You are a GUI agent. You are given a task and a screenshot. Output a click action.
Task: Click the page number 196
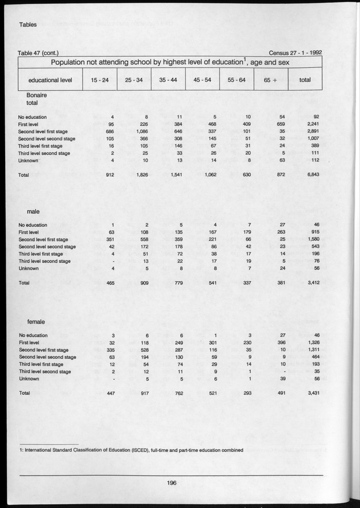171,482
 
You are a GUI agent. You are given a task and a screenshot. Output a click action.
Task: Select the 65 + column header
267,80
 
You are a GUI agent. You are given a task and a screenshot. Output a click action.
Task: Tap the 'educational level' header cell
50,80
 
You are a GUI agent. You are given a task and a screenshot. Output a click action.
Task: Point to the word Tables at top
28,25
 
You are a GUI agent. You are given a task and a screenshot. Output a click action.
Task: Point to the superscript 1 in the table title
231,59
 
